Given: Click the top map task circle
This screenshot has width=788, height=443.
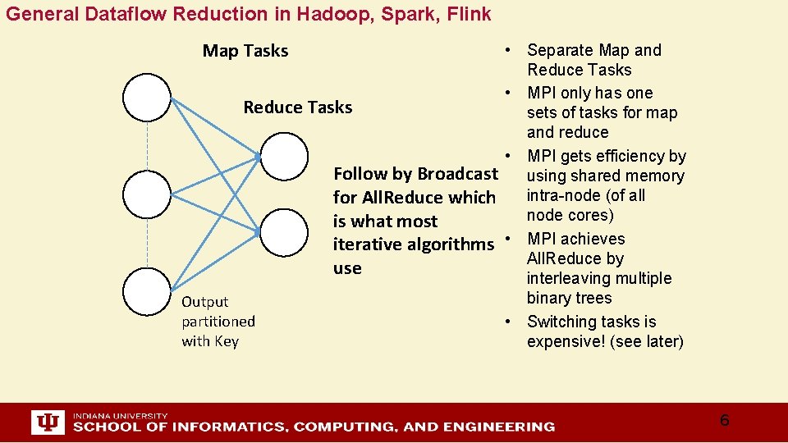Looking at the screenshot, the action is (x=147, y=98).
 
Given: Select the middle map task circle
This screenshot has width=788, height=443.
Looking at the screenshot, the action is (x=147, y=195).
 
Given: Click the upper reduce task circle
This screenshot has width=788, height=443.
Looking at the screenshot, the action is (x=284, y=156).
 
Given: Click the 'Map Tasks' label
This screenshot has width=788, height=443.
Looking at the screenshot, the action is (x=245, y=51).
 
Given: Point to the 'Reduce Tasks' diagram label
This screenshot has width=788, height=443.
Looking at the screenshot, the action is (x=298, y=107).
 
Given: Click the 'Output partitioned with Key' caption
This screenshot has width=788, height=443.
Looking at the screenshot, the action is (x=218, y=322).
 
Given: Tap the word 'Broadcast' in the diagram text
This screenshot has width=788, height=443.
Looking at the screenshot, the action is (x=457, y=174).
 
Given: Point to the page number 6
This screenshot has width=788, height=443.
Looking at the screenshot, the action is (x=724, y=421).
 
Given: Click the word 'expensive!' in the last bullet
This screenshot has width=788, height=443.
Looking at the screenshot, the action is (x=566, y=341).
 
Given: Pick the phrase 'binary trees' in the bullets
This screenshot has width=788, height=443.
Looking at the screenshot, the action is (x=569, y=299).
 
